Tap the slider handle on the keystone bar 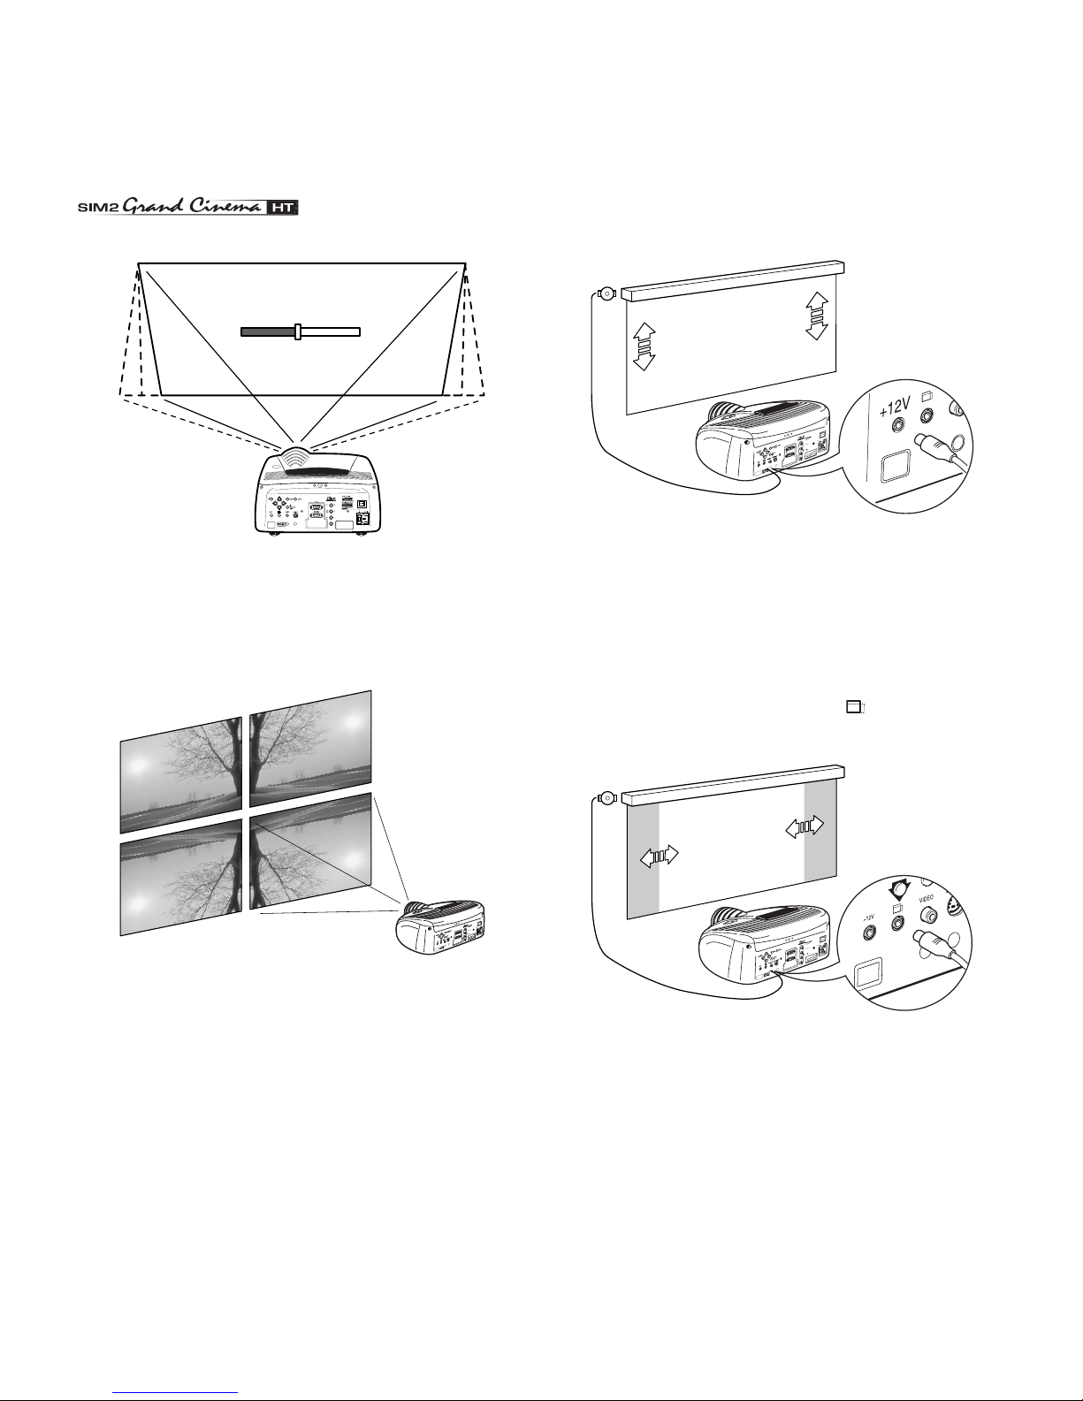point(299,331)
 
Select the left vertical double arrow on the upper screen point(644,346)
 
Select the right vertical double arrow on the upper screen point(816,315)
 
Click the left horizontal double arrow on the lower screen point(659,856)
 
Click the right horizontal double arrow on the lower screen point(805,826)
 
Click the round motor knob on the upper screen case point(606,294)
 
